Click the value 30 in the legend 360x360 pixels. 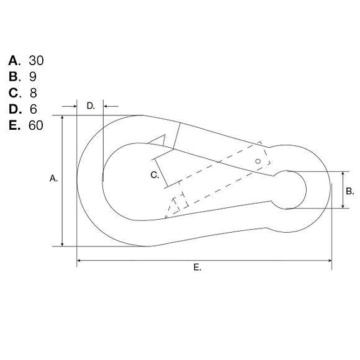point(36,61)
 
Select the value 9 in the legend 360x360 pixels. point(33,77)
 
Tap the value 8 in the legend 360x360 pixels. point(34,93)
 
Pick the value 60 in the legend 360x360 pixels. point(36,125)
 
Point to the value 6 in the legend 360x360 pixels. point(34,109)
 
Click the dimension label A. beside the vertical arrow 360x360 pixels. point(53,178)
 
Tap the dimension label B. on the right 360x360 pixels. point(349,191)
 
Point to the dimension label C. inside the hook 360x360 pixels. point(155,176)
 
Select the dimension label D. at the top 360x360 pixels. point(91,106)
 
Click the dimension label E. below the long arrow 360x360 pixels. point(197,268)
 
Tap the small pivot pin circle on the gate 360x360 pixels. point(258,161)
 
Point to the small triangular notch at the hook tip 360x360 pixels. point(160,141)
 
